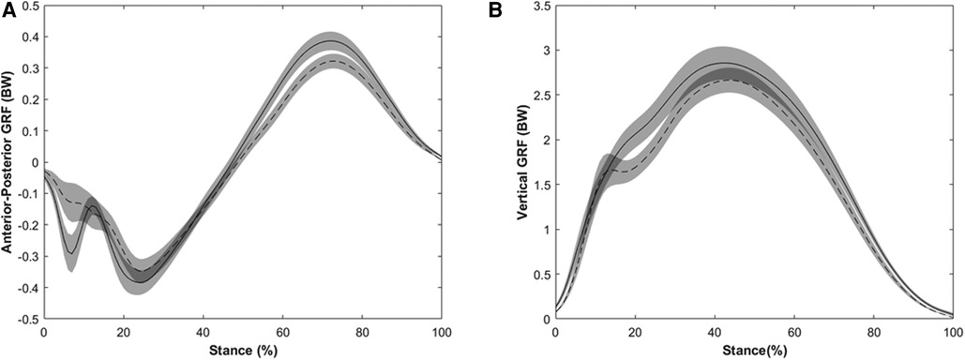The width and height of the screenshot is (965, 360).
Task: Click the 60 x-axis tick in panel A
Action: [x=283, y=332]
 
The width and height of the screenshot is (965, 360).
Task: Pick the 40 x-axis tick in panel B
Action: [x=714, y=332]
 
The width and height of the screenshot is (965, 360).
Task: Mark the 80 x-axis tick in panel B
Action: [x=873, y=332]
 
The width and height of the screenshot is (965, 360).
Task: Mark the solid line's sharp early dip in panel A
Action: [x=71, y=253]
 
